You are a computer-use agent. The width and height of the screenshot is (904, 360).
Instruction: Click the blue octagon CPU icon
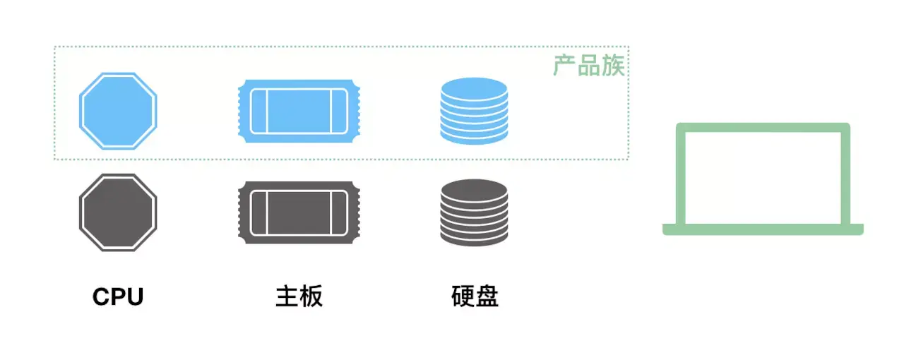click(x=117, y=111)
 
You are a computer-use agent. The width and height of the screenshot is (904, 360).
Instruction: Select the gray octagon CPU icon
click(x=117, y=212)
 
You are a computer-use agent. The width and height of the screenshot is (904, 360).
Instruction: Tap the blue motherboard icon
click(x=299, y=111)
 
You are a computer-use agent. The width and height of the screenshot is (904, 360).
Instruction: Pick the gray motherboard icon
click(x=299, y=212)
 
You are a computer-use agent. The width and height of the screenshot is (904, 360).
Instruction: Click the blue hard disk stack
click(x=474, y=111)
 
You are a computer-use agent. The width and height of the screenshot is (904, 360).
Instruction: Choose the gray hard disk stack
click(x=474, y=212)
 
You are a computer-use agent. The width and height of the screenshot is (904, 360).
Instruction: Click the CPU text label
click(x=118, y=297)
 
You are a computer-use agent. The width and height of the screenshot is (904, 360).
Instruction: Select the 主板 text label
click(x=299, y=297)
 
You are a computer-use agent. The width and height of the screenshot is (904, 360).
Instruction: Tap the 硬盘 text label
click(x=475, y=297)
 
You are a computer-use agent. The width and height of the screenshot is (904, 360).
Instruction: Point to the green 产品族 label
click(x=589, y=66)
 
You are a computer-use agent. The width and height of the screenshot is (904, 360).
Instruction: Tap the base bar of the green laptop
click(x=763, y=229)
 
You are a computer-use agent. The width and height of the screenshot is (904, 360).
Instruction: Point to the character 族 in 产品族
click(x=613, y=66)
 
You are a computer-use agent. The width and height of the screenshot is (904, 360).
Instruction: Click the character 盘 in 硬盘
click(x=487, y=297)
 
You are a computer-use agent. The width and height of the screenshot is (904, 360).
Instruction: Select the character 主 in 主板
click(x=287, y=297)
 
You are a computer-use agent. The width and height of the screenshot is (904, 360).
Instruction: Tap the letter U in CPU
click(x=134, y=297)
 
